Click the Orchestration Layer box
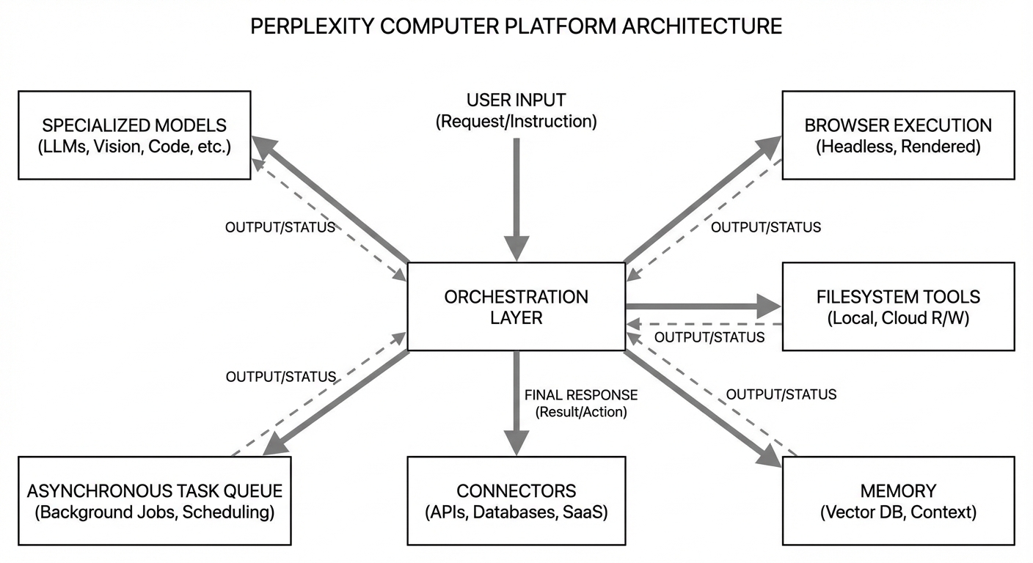point(516,306)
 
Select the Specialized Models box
point(134,135)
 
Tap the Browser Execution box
point(898,135)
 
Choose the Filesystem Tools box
point(898,306)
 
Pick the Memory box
point(898,501)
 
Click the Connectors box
point(516,501)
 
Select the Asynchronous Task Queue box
point(154,501)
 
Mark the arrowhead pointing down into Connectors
point(516,442)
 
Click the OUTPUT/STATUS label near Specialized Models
point(280,227)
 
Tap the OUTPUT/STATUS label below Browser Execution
point(766,227)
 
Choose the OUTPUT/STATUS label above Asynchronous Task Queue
point(280,377)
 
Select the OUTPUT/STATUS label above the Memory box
point(781,394)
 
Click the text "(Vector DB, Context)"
point(898,512)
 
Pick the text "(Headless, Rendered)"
point(898,147)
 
